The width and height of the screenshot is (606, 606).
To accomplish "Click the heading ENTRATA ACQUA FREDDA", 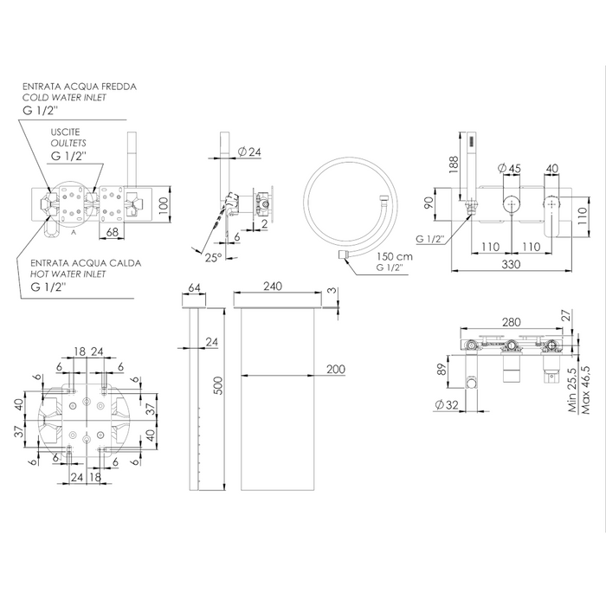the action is point(80,87).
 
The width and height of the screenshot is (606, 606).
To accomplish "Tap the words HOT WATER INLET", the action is point(68,274).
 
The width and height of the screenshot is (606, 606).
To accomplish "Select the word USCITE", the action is point(65,132).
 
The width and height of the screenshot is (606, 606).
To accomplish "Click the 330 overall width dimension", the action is point(511,264).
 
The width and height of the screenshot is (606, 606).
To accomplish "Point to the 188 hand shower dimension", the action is point(454,164).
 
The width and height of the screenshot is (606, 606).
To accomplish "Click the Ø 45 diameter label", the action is point(509,169).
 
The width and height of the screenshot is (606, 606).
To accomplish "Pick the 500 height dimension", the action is point(218,385).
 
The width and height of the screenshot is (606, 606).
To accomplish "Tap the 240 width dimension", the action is point(273,287).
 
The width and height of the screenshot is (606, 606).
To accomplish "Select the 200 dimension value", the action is point(336,369).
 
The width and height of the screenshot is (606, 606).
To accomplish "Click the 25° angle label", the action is point(213,257).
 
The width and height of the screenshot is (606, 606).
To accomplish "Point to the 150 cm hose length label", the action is point(395,256).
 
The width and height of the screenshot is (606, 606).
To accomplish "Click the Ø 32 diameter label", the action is point(447,404).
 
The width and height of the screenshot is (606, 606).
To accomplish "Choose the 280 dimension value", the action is point(512,322).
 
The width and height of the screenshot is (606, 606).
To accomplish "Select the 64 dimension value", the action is point(194,288).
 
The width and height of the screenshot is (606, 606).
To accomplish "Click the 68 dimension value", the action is point(112,232).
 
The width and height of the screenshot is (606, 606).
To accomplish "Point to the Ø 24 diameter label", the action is point(249,152).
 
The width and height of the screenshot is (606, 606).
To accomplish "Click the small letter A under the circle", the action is point(74,233).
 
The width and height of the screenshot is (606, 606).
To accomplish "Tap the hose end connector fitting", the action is point(344,255).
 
